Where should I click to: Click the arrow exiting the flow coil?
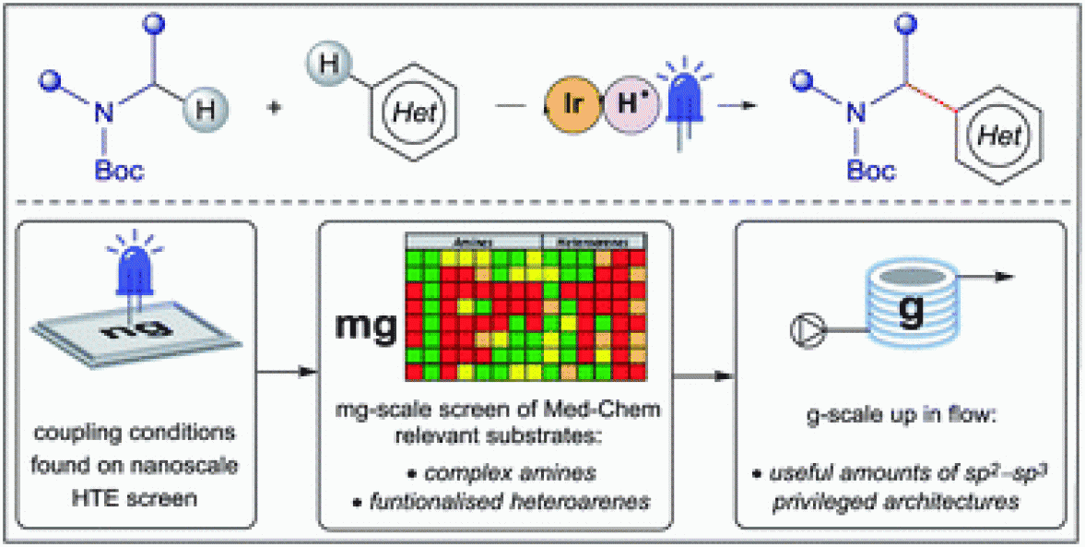pos(992,276)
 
